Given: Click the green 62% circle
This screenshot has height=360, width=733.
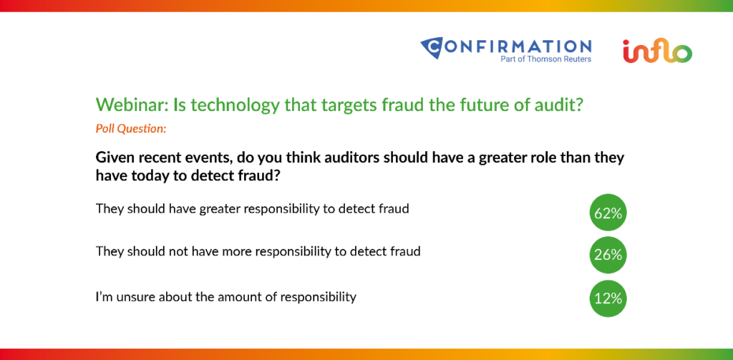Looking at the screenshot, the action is [x=608, y=213].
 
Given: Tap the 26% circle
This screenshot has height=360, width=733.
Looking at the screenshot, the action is [x=608, y=255].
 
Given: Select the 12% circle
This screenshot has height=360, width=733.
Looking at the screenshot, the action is [x=608, y=298].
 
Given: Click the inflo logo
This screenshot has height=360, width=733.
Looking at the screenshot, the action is [x=657, y=51].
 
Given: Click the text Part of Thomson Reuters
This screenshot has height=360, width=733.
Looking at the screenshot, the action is [x=545, y=59].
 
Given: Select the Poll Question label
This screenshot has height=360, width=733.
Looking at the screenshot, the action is [x=131, y=129].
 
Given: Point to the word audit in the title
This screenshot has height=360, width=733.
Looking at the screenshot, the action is [x=562, y=104].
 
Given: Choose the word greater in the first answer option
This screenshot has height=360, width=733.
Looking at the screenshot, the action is [x=220, y=209].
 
